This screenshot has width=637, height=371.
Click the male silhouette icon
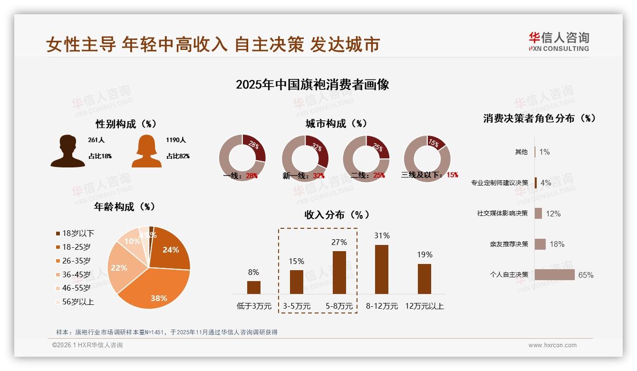[x=68, y=151]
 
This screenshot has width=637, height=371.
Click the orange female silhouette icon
[x=146, y=151]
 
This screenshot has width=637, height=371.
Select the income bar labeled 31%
[x=382, y=269]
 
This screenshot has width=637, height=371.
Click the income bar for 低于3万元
[x=254, y=287]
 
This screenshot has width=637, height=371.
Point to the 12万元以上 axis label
[x=424, y=306]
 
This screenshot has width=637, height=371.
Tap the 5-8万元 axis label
[x=339, y=306]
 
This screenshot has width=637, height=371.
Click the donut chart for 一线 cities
[x=242, y=158]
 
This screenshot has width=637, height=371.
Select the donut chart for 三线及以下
[x=427, y=158]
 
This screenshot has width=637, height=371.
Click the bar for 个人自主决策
[x=554, y=274]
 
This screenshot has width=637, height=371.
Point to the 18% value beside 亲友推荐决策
[x=557, y=244]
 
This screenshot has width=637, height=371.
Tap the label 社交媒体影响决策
[x=502, y=213]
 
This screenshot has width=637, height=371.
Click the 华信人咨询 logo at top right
[x=559, y=41]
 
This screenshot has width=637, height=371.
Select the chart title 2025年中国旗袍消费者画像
[x=312, y=85]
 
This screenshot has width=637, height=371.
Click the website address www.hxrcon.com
[x=552, y=345]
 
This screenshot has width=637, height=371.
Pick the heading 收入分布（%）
[x=337, y=215]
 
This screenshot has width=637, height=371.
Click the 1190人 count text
[x=176, y=140]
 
